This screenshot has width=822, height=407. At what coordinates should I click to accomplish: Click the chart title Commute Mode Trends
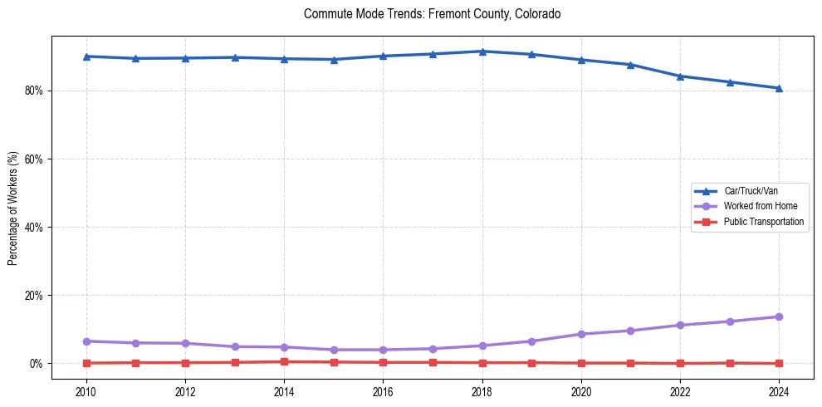432,14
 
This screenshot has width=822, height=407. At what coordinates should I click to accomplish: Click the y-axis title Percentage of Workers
13,208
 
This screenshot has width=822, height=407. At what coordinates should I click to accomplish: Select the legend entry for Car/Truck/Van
751,191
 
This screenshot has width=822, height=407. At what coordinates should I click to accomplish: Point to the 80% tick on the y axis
35,91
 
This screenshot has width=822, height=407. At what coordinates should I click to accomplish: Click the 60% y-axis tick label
35,159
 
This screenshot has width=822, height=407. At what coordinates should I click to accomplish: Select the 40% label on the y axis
35,227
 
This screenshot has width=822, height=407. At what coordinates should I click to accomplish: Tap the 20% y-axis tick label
35,296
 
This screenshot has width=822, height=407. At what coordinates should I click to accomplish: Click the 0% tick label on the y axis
37,364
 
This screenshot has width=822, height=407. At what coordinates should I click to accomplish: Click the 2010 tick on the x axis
86,392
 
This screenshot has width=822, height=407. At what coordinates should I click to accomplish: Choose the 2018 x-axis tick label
482,392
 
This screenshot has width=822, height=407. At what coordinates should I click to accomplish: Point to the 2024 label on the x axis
779,392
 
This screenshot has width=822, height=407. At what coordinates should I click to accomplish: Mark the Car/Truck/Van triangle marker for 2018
482,51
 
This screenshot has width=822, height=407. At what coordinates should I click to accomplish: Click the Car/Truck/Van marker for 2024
779,88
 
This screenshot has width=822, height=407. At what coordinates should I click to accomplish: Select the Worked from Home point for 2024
779,316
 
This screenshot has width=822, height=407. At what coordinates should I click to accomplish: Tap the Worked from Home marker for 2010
86,341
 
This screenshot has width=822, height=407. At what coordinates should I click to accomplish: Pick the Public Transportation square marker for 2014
284,361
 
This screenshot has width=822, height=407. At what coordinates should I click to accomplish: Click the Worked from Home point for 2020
581,334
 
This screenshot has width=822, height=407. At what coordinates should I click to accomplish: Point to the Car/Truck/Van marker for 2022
680,76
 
